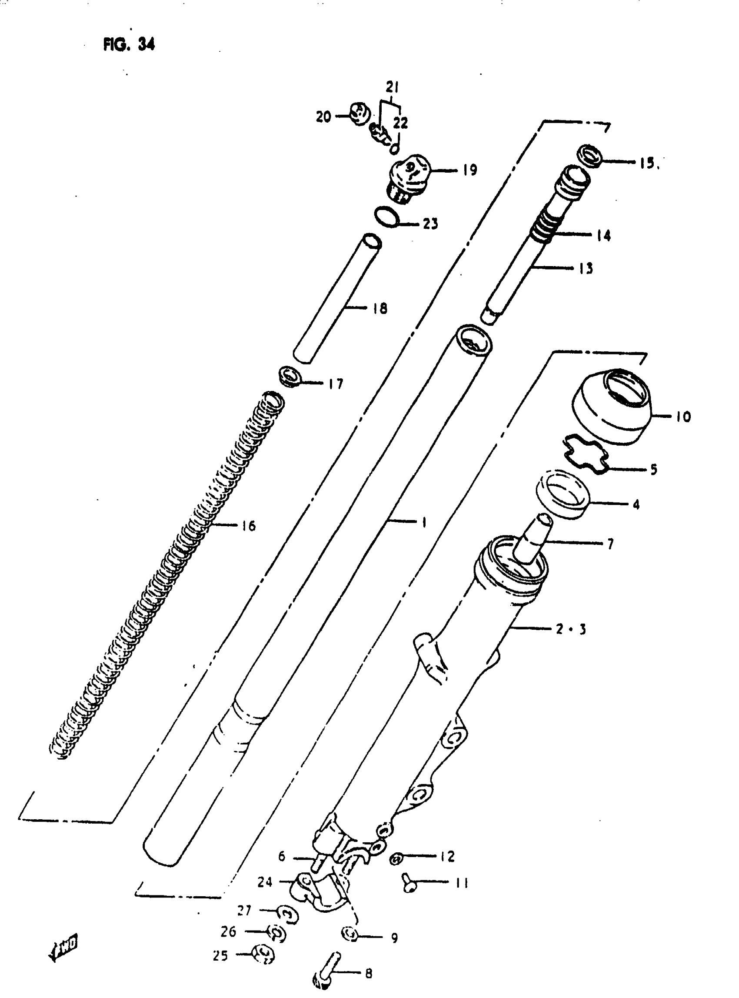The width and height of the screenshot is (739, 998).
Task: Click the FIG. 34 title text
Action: [129, 44]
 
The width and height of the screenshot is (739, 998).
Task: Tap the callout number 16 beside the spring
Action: [248, 526]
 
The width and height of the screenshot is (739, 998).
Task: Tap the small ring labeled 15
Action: [591, 156]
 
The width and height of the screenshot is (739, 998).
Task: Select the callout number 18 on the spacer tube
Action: [380, 308]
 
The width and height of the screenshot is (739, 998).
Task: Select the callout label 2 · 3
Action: [570, 629]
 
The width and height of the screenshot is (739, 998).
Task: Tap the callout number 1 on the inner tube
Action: [423, 522]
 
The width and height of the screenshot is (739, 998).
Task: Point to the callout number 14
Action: [603, 236]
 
